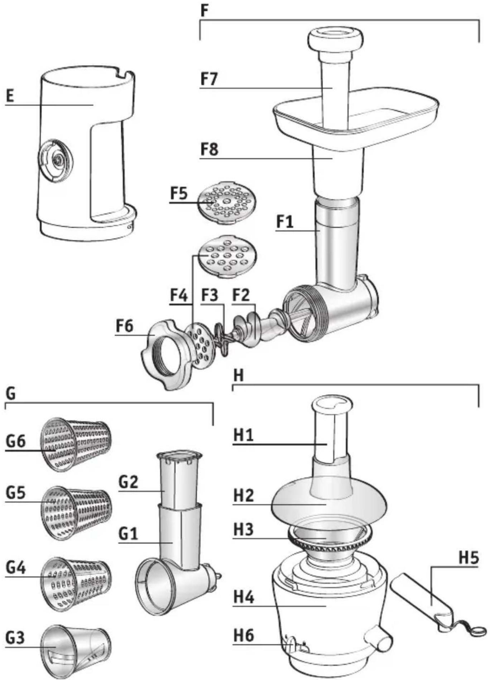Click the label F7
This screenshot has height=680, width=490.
click(209, 79)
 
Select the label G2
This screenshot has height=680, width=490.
click(128, 482)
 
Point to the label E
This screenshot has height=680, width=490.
click(10, 96)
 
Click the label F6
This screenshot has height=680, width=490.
click(124, 326)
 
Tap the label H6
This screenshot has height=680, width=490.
click(244, 635)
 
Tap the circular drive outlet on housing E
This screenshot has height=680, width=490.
click(56, 161)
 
